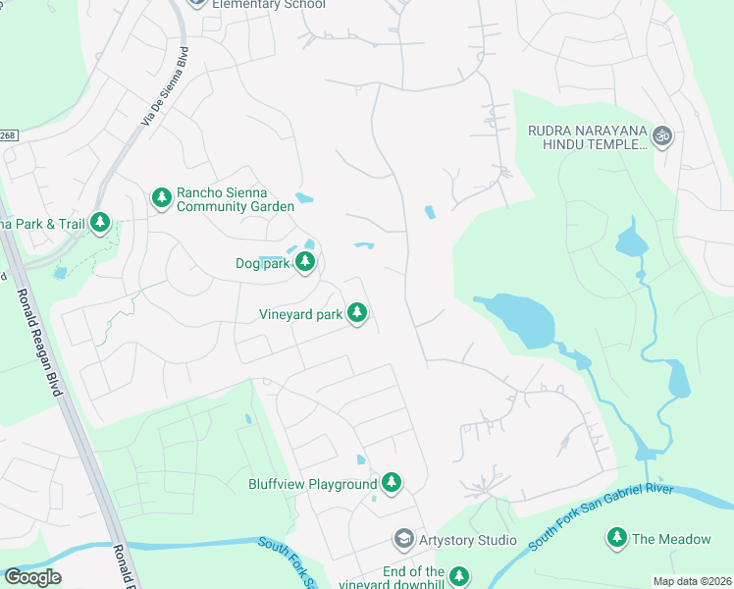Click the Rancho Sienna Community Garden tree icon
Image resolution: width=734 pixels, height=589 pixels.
pos(162,198)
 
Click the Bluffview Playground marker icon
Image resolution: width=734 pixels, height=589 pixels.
pos(392,482)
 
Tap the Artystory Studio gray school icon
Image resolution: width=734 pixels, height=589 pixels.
pos(403,539)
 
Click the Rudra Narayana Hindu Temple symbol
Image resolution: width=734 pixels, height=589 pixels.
pos(662,136)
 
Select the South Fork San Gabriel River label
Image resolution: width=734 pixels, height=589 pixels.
pos(601,515)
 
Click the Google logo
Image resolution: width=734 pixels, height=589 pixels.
pos(32,577)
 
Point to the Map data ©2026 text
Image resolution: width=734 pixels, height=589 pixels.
pos(692,581)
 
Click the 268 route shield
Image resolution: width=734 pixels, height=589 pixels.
pos(9,135)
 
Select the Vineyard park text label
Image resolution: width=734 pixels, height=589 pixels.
pos(300,314)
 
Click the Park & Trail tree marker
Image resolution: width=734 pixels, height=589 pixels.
pos(99,223)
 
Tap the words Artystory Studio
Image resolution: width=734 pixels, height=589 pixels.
pos(469,540)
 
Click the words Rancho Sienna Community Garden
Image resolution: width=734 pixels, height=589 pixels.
pos(235,200)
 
